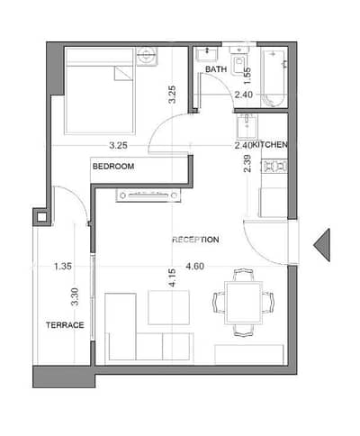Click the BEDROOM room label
pos(113,167)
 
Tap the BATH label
pos(216,69)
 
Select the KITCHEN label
pos(270,145)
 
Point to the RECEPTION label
pos(195,240)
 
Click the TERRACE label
pos(65,325)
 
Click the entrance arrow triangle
pos(322,245)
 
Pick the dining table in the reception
pos(244,303)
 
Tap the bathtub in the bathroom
pos(274,78)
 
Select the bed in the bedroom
pos(100,91)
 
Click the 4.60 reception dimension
pos(195,266)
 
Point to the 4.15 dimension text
pos(172,277)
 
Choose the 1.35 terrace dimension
pos(63,266)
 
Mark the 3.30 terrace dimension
pos(75,296)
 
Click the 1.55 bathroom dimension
pos(247,77)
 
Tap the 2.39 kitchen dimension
pos(247,164)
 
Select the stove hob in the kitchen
pos(274,166)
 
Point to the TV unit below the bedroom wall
pos(148,195)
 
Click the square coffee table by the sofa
pos(169,307)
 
